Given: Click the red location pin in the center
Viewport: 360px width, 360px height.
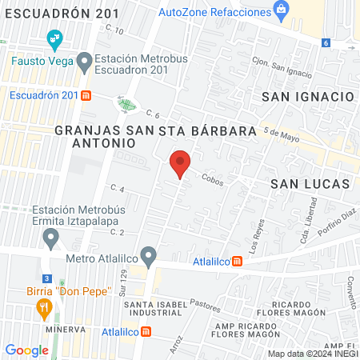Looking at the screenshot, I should (181, 163).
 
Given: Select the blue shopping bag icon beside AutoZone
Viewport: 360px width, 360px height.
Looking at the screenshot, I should (281, 10).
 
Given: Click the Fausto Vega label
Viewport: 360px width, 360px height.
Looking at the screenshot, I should (41, 60).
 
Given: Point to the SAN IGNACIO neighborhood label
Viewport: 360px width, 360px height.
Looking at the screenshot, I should (308, 96).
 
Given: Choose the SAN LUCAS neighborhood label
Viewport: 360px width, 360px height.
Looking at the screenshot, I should (310, 183).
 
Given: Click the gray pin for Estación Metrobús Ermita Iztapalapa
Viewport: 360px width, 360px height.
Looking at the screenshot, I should (52, 238).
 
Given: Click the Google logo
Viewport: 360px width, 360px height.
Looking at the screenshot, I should (26, 350).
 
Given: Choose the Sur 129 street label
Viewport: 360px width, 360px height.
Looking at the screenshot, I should (123, 281).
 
